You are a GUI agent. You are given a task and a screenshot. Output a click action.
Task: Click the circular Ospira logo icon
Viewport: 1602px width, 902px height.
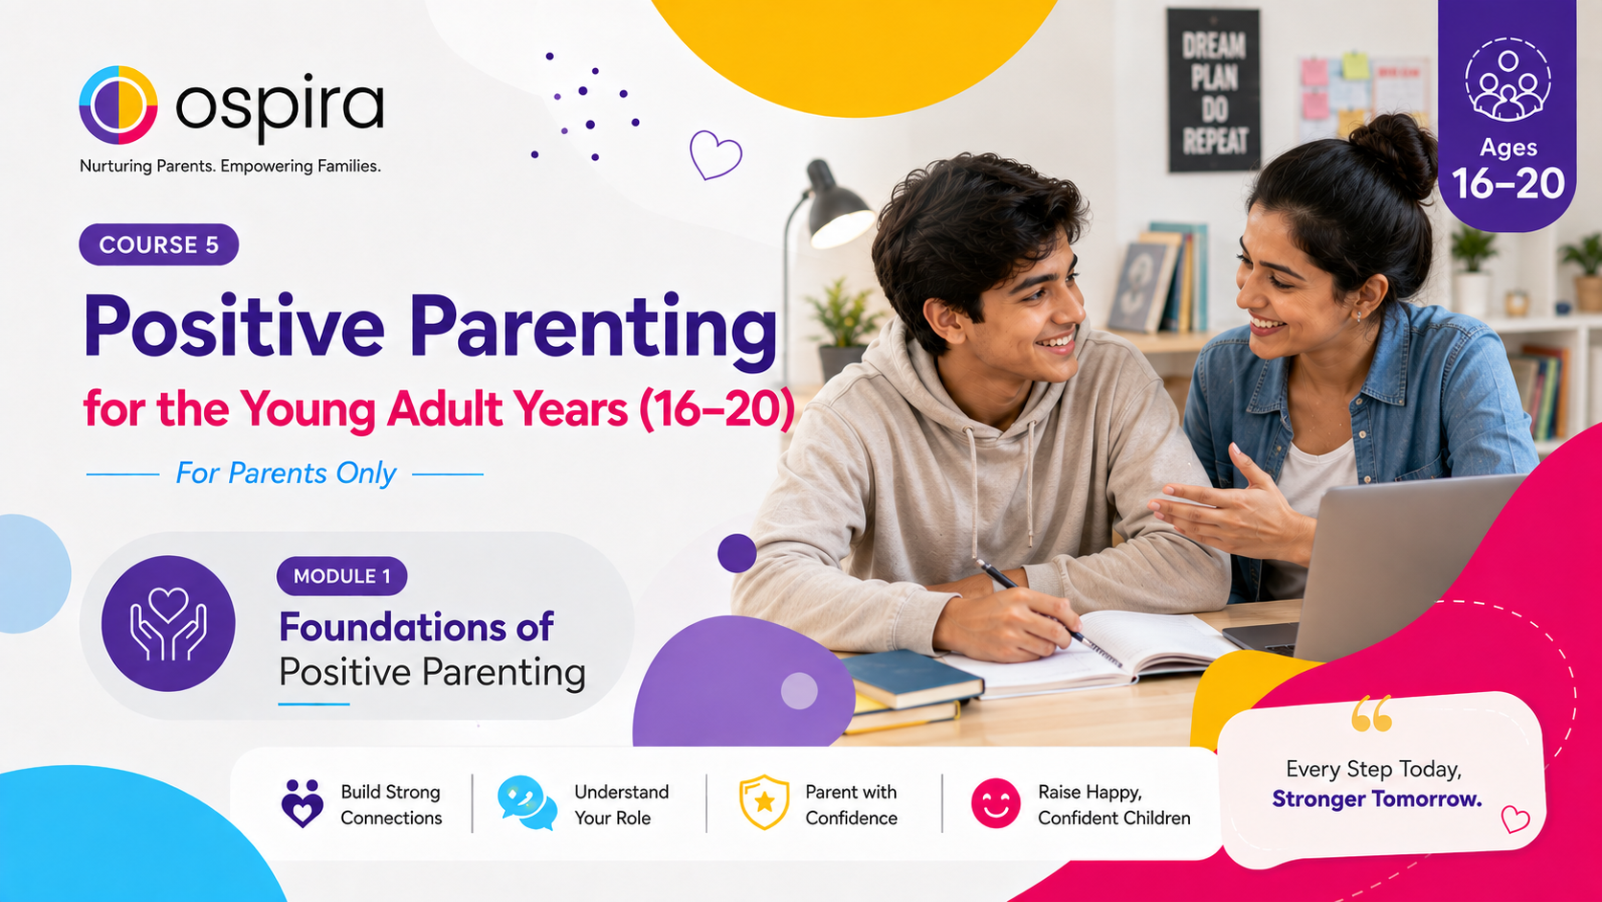(x=118, y=105)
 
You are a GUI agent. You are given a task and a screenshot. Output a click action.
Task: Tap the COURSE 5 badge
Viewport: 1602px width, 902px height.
(x=159, y=244)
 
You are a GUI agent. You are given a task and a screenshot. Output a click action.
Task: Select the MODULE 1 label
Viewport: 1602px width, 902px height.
(x=342, y=576)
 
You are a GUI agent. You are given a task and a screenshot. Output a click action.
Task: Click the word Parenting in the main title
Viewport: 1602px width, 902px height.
(x=594, y=327)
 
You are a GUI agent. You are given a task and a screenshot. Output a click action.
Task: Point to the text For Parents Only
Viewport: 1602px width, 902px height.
(x=286, y=474)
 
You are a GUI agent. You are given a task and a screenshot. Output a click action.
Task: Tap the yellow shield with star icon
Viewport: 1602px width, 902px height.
(x=764, y=802)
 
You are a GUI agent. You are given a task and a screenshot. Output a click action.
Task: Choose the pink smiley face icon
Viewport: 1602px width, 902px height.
(x=996, y=803)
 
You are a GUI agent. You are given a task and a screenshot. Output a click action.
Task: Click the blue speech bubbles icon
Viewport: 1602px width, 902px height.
(x=527, y=802)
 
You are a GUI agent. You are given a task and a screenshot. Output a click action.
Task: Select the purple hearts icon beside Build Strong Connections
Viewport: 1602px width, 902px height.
(x=303, y=803)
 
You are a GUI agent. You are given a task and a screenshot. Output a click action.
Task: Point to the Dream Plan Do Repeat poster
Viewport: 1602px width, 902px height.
(x=1214, y=91)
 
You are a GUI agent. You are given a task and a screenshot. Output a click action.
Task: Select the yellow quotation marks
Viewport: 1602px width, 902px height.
(x=1372, y=713)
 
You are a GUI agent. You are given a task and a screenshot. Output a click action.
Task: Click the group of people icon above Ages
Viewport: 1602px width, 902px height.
(x=1507, y=81)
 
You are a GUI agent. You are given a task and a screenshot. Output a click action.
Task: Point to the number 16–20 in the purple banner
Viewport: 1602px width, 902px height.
(x=1508, y=185)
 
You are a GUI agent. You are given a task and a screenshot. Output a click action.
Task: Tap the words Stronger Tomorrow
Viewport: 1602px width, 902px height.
(x=1377, y=799)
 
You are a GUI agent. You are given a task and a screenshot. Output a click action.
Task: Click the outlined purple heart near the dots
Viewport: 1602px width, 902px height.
(x=715, y=154)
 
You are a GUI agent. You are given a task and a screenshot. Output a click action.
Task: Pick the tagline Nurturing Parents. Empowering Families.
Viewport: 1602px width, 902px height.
(x=230, y=167)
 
